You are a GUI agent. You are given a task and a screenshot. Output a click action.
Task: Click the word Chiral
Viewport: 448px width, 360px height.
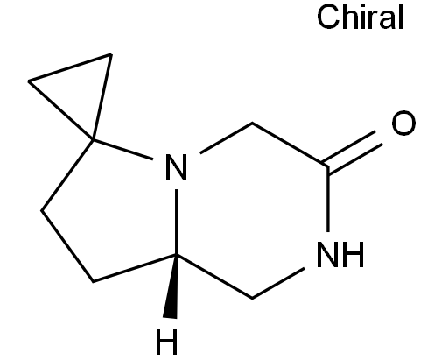[360, 17]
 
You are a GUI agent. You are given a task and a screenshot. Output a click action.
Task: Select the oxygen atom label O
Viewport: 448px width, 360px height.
[403, 123]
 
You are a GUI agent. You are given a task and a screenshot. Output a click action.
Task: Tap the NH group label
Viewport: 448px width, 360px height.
[340, 254]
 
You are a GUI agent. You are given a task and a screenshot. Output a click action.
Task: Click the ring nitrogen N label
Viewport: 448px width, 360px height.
[176, 166]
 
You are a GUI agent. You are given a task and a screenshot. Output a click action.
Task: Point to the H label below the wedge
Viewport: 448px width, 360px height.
[166, 342]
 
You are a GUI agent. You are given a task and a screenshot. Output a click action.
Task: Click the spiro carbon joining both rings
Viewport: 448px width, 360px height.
[94, 140]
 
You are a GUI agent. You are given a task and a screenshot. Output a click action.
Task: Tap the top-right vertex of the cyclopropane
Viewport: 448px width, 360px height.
[110, 54]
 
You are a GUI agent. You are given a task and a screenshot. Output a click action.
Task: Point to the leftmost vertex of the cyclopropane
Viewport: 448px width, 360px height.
[29, 81]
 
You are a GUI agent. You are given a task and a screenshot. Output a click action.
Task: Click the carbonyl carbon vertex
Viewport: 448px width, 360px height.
[328, 166]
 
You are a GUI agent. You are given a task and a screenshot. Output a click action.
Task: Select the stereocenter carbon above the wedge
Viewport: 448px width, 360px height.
[177, 256]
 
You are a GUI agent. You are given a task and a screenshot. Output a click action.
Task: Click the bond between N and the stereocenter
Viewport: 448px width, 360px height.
[177, 222]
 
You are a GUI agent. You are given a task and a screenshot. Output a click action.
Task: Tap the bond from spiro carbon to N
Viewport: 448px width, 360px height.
[122, 150]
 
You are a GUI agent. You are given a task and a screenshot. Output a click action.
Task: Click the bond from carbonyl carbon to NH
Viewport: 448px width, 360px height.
[328, 199]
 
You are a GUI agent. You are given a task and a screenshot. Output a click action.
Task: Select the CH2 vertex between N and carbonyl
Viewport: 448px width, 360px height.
[252, 124]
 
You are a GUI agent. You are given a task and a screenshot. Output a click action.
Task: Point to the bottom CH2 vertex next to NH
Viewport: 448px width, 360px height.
[252, 298]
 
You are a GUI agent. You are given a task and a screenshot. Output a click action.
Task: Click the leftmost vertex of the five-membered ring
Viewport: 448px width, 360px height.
[41, 210]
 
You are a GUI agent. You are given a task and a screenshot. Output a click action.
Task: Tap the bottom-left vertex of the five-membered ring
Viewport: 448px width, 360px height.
[93, 281]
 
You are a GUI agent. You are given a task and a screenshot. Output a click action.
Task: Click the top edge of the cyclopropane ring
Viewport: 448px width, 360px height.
[70, 67]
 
